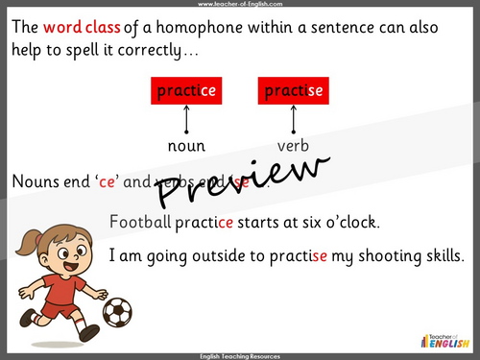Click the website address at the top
pyautogui.click(x=239, y=5)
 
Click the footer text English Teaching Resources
pyautogui.click(x=239, y=355)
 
